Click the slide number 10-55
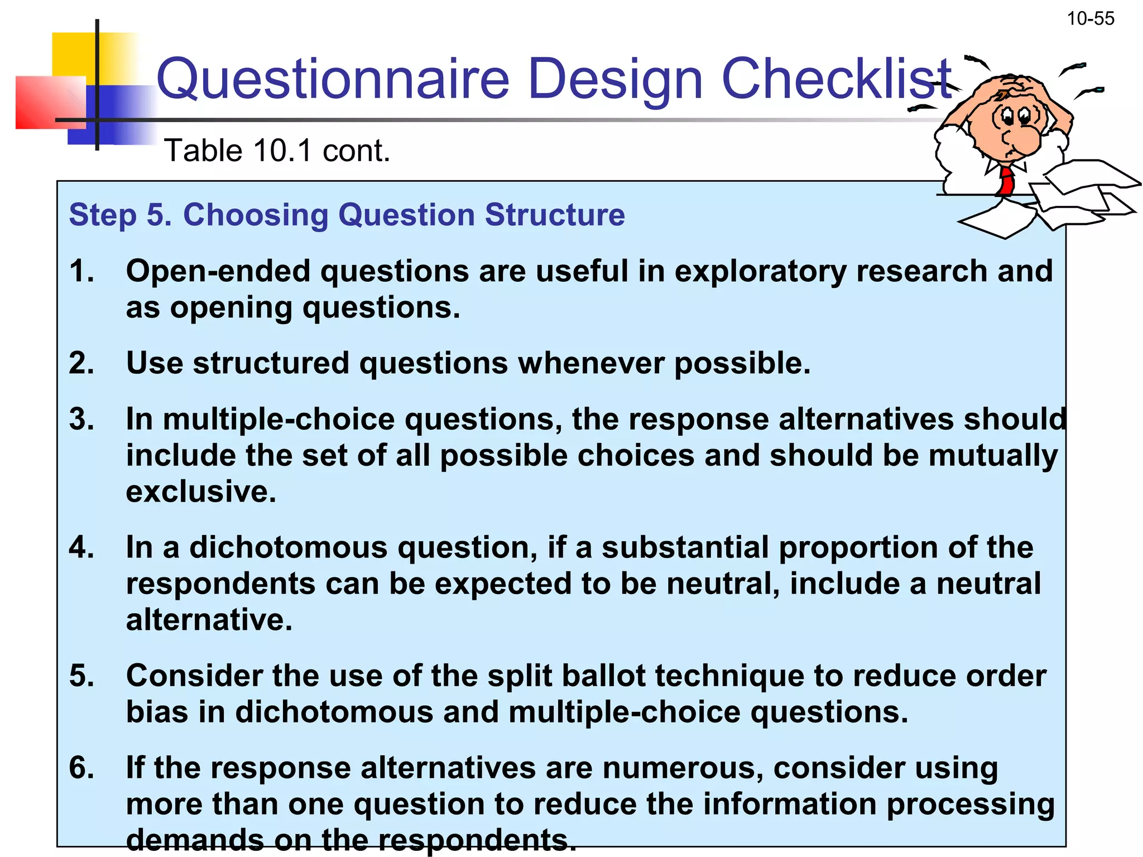(x=1090, y=19)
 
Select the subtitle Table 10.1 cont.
(x=277, y=151)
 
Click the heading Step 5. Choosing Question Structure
(x=347, y=215)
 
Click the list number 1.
(x=81, y=272)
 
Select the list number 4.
(x=81, y=547)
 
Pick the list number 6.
(x=81, y=768)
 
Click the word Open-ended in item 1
(x=218, y=272)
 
